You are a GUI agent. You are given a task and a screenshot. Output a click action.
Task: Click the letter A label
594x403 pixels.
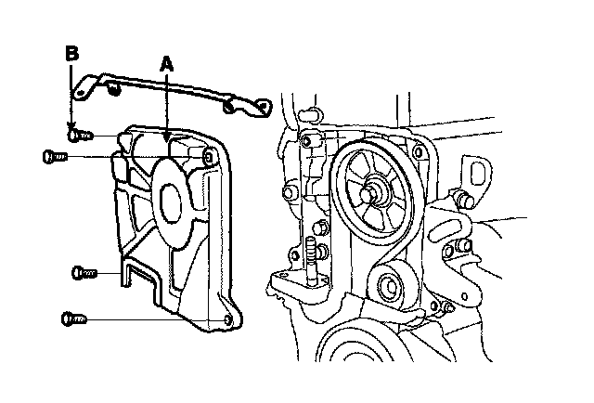[x=166, y=64]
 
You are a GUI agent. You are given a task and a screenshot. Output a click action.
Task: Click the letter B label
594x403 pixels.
[x=71, y=54]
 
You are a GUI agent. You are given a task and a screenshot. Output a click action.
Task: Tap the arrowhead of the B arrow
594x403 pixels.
[x=71, y=128]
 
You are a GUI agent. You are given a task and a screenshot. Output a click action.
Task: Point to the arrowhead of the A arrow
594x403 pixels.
[x=166, y=139]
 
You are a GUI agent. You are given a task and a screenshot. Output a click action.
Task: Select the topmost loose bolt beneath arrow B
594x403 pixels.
[x=80, y=136]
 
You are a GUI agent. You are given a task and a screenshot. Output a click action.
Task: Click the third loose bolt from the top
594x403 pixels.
[x=84, y=273]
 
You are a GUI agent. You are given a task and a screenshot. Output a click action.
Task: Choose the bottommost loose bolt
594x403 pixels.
[x=72, y=318]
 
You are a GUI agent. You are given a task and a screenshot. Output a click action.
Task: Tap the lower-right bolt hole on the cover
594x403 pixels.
[x=228, y=320]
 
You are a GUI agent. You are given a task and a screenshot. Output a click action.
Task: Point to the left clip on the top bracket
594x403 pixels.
[x=112, y=90]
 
